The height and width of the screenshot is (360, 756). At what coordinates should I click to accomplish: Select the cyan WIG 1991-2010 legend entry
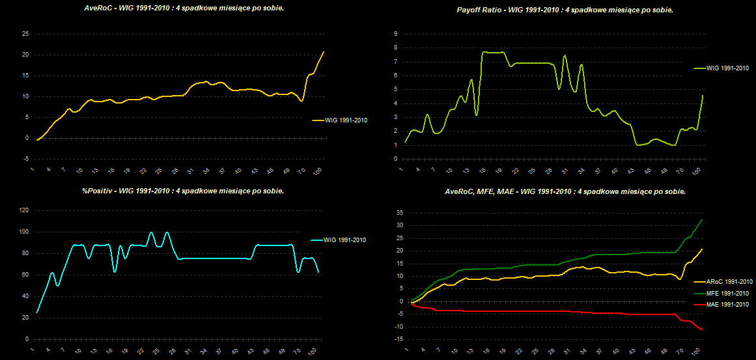tap(343, 240)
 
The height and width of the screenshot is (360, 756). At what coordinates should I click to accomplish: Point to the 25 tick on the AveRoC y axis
tap(25, 34)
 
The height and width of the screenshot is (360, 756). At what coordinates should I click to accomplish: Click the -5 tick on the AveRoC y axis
tap(25, 159)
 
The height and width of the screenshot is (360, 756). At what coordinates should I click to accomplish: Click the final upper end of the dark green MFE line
tap(703, 220)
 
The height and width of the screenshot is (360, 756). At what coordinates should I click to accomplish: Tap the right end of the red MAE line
tap(703, 330)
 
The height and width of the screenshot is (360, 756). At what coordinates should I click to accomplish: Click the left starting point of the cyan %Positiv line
tap(36, 312)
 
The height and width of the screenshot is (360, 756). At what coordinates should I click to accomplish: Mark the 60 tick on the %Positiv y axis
tap(25, 275)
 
